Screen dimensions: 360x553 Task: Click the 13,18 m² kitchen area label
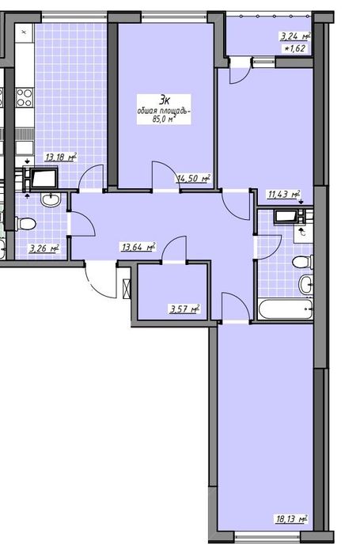[x=61, y=157]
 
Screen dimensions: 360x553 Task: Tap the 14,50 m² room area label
[x=194, y=179]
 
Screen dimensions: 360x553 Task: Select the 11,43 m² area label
[x=284, y=194]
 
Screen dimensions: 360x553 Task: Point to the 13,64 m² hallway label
[x=138, y=247]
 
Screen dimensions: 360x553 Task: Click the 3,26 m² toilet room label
[x=44, y=248]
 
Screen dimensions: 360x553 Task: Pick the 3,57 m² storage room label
[x=185, y=309]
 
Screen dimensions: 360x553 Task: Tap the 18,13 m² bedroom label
[x=291, y=519]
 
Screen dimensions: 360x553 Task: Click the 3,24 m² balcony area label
[x=295, y=36]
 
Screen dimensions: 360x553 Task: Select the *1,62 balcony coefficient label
[x=294, y=48]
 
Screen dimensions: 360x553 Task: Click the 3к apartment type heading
[x=165, y=100]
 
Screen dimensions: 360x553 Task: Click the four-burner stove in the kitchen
[x=24, y=97]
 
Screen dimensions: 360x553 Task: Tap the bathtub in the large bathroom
[x=286, y=309]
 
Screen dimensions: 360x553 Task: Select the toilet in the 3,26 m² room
[x=26, y=224]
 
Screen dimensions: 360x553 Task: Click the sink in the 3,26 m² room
[x=51, y=199]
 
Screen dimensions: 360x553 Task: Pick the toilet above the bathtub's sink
[x=303, y=262]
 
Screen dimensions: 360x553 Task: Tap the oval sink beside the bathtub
[x=306, y=284]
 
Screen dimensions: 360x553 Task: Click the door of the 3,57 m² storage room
[x=174, y=249]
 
